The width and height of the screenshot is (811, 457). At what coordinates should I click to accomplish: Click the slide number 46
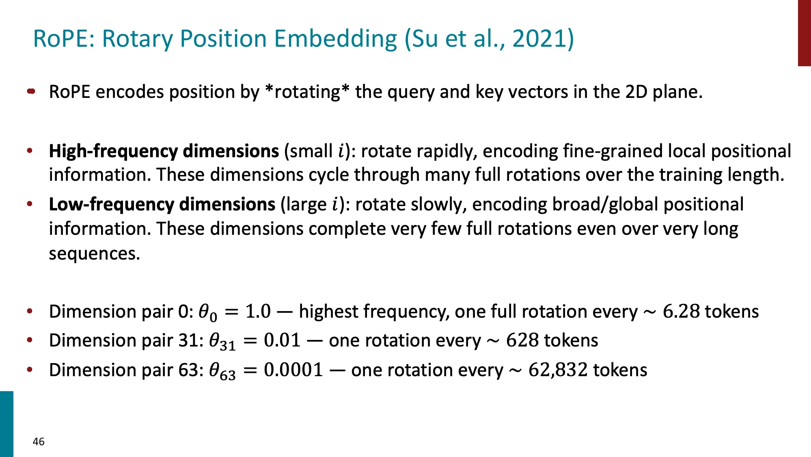coord(39,442)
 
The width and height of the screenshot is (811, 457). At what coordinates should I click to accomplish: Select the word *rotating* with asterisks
coord(307,92)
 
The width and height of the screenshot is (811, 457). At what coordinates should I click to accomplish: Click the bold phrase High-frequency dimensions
coord(164,151)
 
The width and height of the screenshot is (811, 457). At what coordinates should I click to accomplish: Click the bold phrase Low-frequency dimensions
coord(162,204)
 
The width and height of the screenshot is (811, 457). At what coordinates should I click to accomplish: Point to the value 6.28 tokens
coord(710,312)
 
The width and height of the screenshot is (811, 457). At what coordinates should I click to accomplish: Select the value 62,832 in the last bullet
coord(558,370)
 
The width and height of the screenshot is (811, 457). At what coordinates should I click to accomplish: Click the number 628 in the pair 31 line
coord(523,340)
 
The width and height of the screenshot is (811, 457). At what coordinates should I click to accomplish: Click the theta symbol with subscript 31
coord(222,342)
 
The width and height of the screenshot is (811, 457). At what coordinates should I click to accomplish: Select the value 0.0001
coord(293,370)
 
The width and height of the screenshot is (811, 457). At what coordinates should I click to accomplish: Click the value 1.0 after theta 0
coord(258,312)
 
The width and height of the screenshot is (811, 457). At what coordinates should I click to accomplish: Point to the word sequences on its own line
coord(94,254)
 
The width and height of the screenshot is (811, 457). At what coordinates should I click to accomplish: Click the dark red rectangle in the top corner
coord(804,32)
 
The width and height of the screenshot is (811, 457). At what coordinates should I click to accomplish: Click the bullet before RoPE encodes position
coord(31,92)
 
